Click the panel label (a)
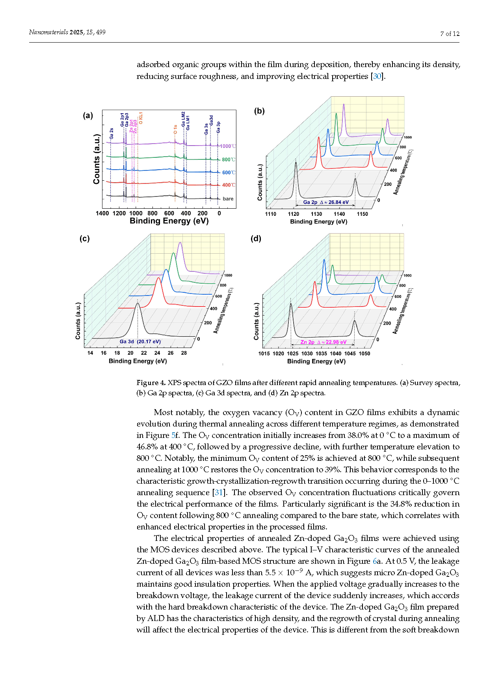88,115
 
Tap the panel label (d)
256,238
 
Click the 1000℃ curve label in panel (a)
228,146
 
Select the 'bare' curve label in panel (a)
228,199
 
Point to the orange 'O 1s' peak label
175,130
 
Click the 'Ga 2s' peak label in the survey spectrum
112,133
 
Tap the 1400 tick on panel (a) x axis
102,213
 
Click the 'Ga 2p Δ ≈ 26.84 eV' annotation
326,202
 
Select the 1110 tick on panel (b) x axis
271,214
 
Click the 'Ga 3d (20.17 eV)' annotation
140,342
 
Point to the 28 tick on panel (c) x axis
184,353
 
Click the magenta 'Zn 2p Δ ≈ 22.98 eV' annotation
324,342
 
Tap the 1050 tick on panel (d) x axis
364,353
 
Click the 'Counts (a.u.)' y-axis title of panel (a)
97,159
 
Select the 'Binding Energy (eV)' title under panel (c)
138,361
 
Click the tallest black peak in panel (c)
137,304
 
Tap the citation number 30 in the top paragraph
377,76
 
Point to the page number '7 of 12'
450,34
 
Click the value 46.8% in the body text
147,447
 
